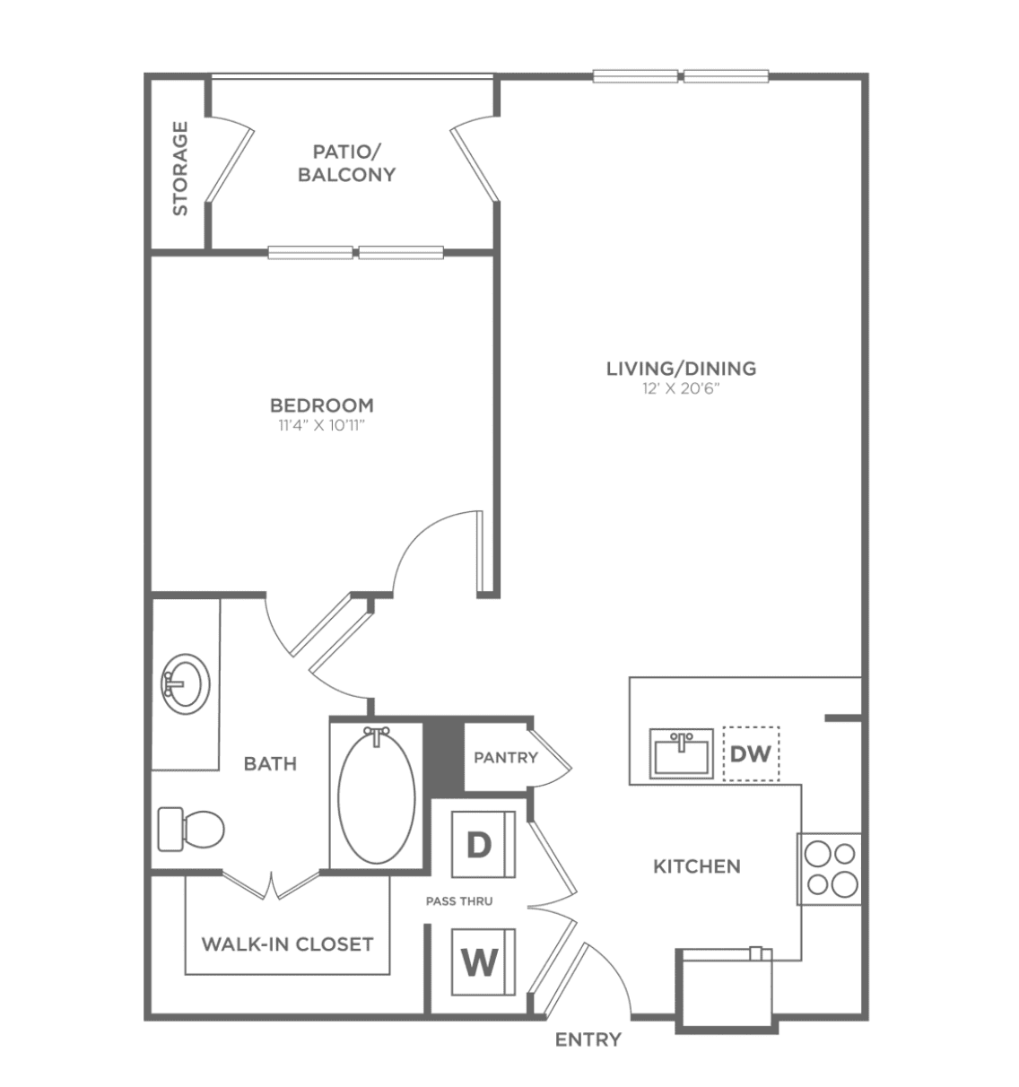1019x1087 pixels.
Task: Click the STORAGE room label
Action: [180, 168]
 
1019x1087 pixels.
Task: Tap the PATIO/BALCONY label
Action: [346, 162]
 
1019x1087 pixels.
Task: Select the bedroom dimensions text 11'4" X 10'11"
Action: [322, 426]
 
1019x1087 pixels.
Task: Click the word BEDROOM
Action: [322, 405]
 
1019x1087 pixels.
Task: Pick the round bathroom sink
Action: [186, 683]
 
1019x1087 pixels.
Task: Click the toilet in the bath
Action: [191, 830]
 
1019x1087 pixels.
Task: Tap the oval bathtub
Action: [377, 796]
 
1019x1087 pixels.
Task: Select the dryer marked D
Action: [483, 845]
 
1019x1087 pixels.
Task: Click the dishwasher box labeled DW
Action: [752, 753]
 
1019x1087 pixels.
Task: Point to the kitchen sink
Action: [682, 753]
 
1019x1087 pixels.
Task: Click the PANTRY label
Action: [506, 758]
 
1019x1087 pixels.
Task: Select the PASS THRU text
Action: [459, 901]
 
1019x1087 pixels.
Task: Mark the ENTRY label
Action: [588, 1039]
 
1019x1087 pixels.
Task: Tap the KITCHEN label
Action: [697, 866]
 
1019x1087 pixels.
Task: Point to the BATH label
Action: [271, 763]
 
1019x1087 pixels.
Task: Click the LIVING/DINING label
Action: [681, 369]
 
